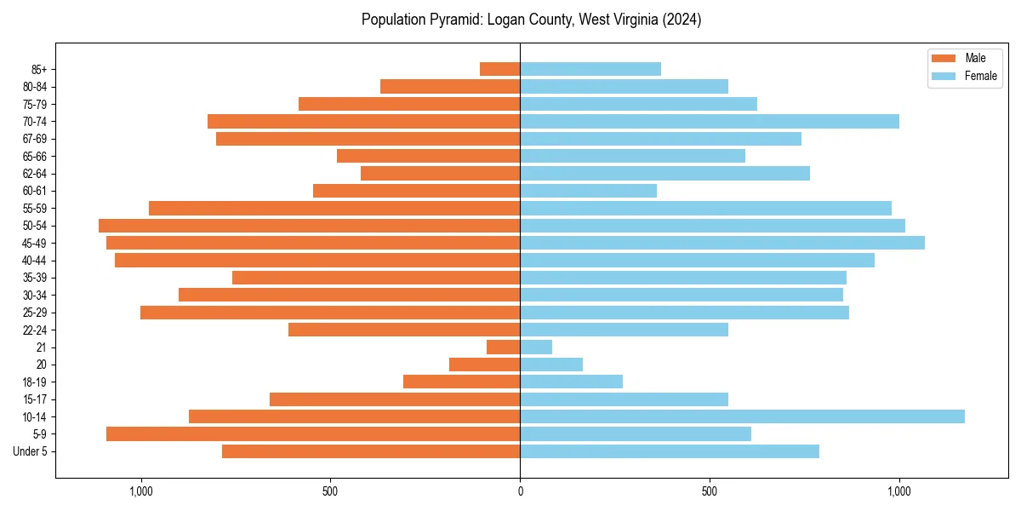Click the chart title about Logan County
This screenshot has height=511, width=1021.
pos(531,20)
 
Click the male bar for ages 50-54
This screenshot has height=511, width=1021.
pos(309,226)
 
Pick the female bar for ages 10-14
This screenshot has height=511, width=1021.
pos(742,416)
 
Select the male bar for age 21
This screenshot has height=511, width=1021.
pos(503,347)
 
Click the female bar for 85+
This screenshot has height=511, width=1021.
pos(590,69)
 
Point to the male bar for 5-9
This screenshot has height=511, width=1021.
pos(313,434)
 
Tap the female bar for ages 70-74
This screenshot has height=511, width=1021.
pos(710,122)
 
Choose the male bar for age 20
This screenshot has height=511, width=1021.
pos(484,365)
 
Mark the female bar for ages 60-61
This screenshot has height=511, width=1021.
pos(588,191)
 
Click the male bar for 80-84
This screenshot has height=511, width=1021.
pos(450,86)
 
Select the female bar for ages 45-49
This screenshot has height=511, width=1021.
pos(722,243)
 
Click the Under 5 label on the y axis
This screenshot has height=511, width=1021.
pos(30,451)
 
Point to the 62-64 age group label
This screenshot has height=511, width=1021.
pos(35,174)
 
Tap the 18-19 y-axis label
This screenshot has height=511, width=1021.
pos(35,382)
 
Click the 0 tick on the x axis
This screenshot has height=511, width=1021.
pos(520,491)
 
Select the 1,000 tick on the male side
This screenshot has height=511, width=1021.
pos(140,491)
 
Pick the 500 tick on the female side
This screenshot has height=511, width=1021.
pos(710,491)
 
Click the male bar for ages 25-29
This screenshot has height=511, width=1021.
pos(330,313)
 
